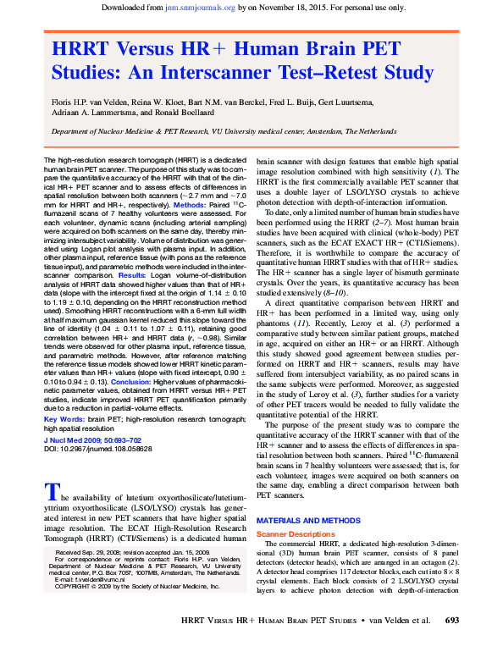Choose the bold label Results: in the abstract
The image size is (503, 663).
(x=133, y=275)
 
